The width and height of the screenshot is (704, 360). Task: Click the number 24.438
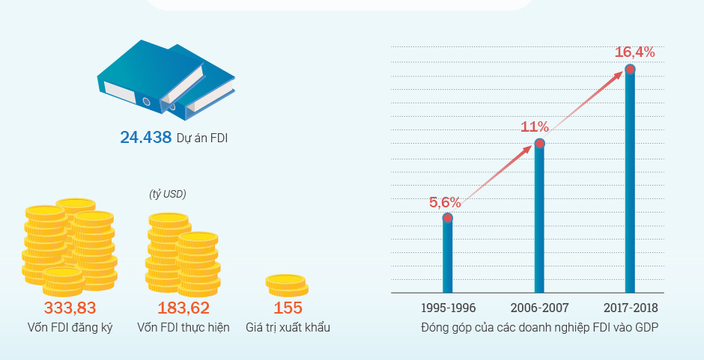tap(146, 137)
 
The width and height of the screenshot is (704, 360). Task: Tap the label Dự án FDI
tap(202, 138)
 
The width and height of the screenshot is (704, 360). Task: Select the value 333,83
tap(70, 308)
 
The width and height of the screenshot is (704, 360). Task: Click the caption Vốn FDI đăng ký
tap(70, 328)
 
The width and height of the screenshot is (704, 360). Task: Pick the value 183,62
tap(183, 308)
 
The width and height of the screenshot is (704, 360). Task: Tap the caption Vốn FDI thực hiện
tap(183, 328)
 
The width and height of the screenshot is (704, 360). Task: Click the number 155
tap(288, 308)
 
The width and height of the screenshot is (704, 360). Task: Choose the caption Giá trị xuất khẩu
tap(288, 328)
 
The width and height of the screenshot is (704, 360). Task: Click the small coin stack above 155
tap(287, 285)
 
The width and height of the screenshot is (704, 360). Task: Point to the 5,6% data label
tap(444, 202)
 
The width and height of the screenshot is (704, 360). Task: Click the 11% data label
tap(535, 126)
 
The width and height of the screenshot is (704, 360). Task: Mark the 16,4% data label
tap(634, 52)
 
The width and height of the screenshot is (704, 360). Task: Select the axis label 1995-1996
tap(448, 308)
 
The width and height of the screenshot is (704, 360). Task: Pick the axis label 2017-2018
tap(630, 308)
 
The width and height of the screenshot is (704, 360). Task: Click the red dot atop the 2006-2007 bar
tap(539, 143)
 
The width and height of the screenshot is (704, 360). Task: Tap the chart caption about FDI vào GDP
tap(539, 328)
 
